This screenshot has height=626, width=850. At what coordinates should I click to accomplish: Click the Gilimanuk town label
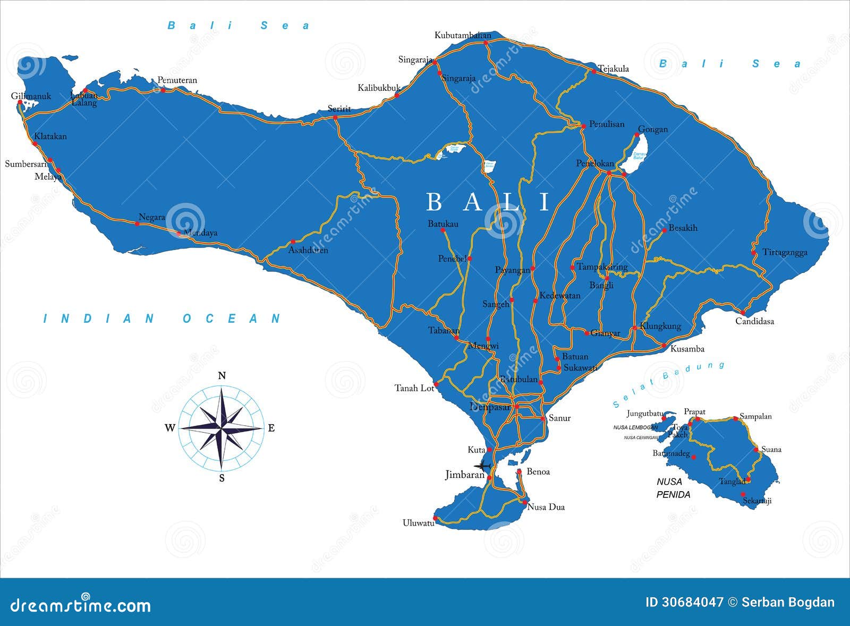31,96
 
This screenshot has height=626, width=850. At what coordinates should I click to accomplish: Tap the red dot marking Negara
137,224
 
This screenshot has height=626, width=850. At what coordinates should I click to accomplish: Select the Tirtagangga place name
785,252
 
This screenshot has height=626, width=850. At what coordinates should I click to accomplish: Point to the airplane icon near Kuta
482,466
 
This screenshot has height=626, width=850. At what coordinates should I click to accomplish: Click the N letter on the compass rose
222,376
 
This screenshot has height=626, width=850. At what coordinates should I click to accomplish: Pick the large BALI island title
489,202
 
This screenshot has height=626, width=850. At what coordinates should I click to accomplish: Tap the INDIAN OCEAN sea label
162,319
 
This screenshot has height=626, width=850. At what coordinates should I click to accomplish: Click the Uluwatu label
418,523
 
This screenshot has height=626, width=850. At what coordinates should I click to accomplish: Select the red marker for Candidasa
742,312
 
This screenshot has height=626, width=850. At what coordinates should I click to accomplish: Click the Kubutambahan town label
463,36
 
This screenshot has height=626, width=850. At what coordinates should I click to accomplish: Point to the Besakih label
683,228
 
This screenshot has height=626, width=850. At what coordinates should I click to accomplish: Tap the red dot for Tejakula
594,71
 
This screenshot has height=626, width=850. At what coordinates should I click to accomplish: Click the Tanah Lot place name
414,388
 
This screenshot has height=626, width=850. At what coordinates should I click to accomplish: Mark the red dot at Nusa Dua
524,502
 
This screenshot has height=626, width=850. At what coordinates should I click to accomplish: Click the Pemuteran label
177,80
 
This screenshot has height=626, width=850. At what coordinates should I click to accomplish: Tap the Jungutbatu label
645,414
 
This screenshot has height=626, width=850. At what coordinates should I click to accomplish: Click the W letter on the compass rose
170,428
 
